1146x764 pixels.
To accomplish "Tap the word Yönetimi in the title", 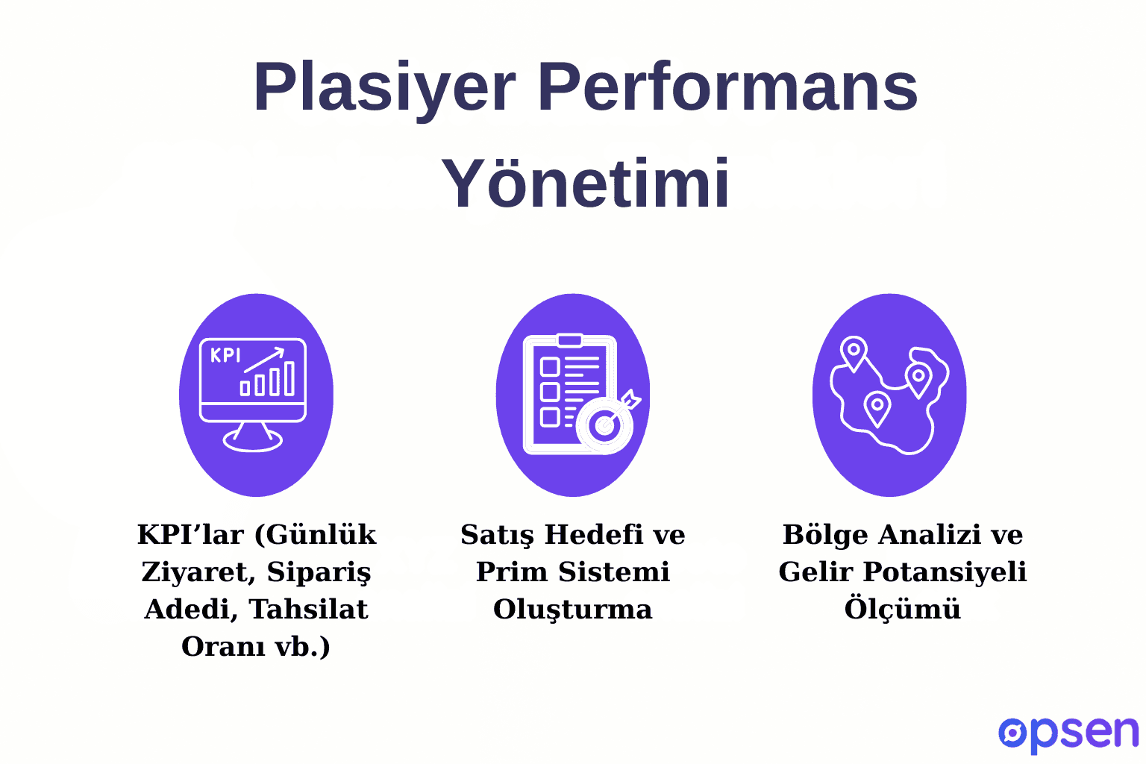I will tap(586, 184).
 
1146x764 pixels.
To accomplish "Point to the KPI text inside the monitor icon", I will tap(225, 355).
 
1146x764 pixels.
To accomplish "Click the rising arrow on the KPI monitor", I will tap(265, 359).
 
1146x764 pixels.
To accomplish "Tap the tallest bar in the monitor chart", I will tap(289, 378).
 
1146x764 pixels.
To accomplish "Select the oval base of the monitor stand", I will tap(253, 441).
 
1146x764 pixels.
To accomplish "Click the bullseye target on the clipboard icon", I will tap(605, 425).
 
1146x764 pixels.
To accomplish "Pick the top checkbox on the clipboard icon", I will tap(550, 366).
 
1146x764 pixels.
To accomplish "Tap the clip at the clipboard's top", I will tap(570, 340).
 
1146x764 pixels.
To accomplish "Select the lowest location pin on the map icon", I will tap(877, 407).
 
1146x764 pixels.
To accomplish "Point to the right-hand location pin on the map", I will tap(918, 378).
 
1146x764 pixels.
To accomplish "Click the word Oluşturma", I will tap(572, 610).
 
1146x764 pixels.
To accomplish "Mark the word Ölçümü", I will tap(902, 610).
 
